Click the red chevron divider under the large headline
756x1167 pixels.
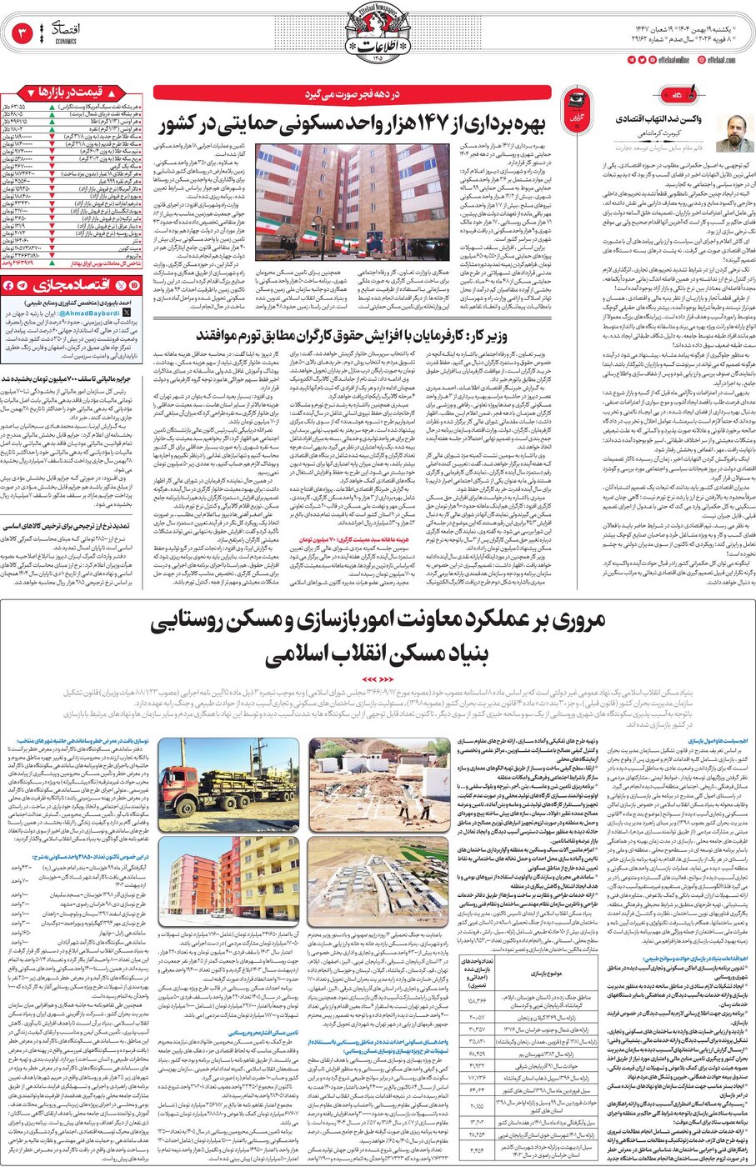click(x=378, y=679)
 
